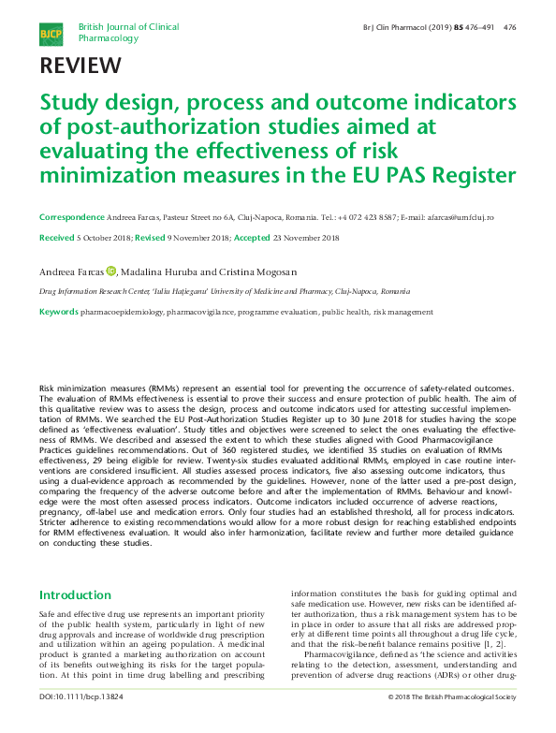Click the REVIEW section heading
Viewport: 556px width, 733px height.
coord(80,66)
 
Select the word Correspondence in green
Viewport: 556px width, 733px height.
coord(71,216)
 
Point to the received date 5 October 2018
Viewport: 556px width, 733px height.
coord(103,238)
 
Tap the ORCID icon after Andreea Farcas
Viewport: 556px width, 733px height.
coord(110,271)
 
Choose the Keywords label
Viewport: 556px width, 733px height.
coord(58,311)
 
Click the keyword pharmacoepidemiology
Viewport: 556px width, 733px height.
coord(121,311)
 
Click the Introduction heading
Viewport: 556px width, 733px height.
coord(74,595)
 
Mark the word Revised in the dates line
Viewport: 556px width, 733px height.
coord(151,238)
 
